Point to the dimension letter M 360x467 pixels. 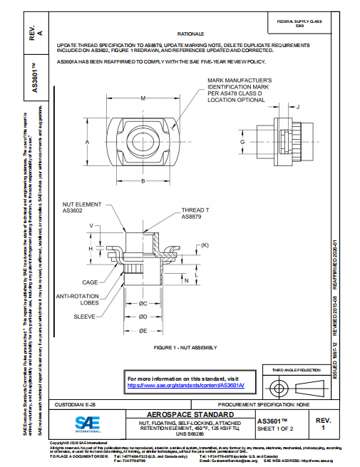click(x=143, y=98)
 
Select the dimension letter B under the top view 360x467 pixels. click(x=143, y=182)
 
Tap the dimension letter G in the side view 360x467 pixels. click(x=243, y=143)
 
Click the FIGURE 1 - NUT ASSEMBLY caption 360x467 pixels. click(x=185, y=347)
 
